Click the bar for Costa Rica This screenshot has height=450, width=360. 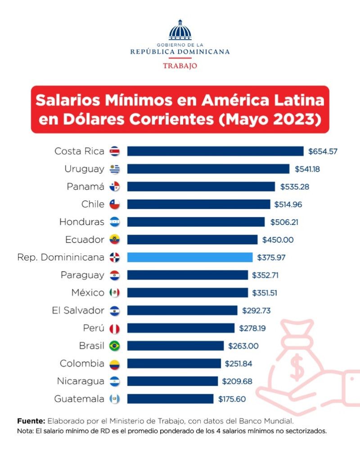pos(215,151)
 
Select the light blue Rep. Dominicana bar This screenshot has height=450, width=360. pos(189,258)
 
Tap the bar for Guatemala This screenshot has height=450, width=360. pos(170,399)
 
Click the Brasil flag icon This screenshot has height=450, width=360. pos(115,346)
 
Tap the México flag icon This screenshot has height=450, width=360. pos(115,293)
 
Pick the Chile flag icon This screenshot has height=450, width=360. pos(115,205)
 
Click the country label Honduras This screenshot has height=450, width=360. pos(81,222)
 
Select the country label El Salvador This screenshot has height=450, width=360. pos(78,310)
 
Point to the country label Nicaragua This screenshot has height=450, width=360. pos(81,381)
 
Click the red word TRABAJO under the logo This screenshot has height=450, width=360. pos(180,66)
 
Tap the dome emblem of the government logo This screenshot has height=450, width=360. pos(180,31)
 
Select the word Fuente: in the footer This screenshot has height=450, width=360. pos(31,421)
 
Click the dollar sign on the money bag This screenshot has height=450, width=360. pos(297,367)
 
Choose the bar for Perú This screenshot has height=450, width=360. pos(180,328)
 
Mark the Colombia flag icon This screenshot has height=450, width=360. pos(115,364)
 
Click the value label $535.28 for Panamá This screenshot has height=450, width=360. pos(295,186)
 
